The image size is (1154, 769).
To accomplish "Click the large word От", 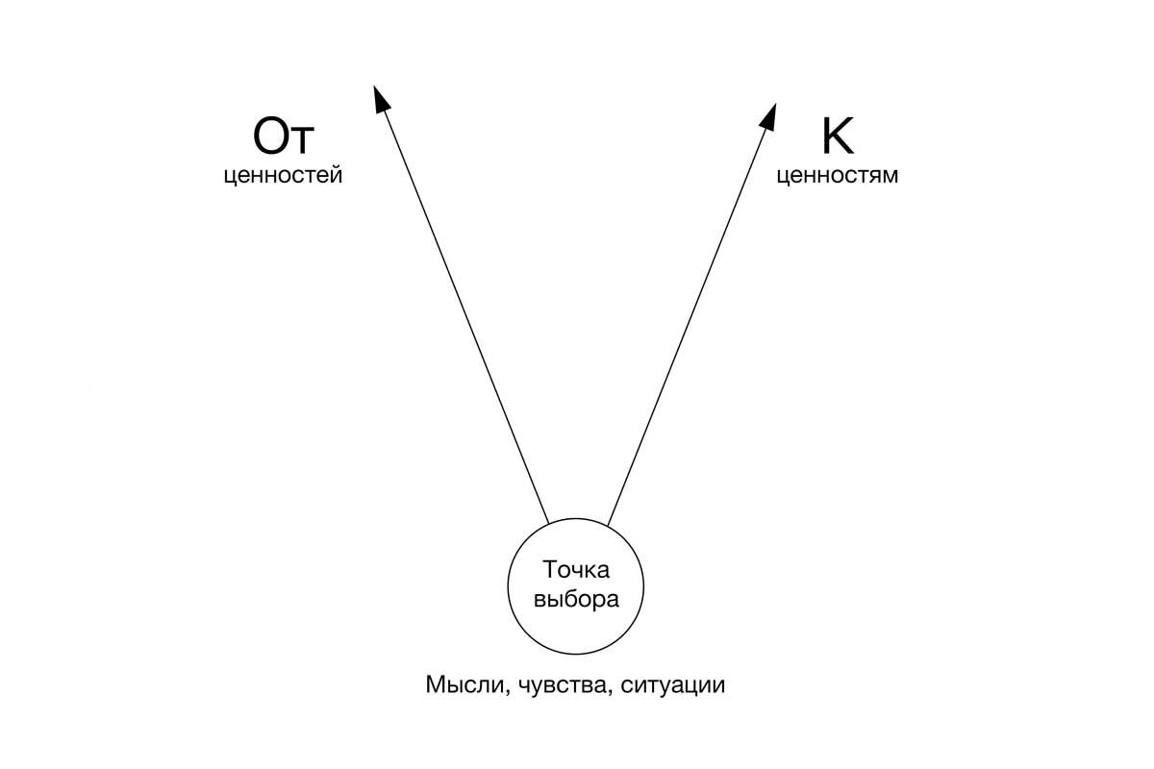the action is tap(283, 137).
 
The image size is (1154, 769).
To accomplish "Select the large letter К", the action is tap(837, 137).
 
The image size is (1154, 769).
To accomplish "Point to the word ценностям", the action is tap(837, 177).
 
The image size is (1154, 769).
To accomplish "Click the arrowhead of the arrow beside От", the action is tap(380, 97).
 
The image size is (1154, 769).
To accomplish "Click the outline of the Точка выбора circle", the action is tap(509, 583).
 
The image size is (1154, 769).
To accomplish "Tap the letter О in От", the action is tap(269, 137).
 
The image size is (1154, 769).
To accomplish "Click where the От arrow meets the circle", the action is tap(549, 523).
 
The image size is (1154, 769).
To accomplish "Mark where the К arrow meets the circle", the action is tap(607, 523).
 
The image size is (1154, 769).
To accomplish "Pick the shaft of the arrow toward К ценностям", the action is tap(688, 322).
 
